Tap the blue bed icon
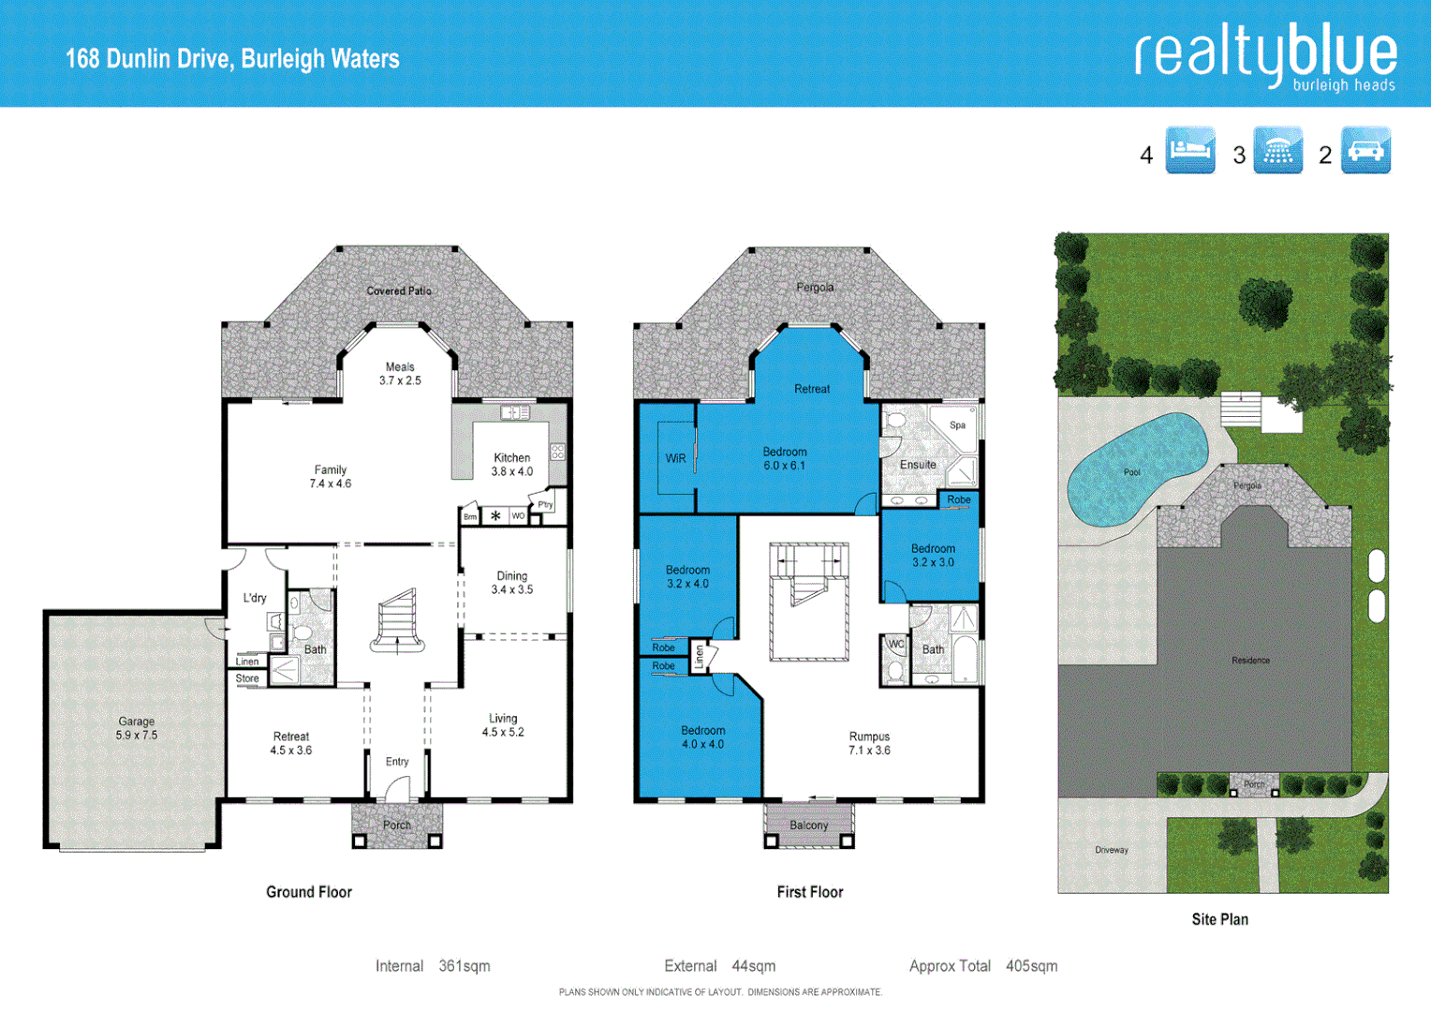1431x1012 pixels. click(x=1189, y=151)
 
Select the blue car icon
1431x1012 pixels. click(x=1365, y=151)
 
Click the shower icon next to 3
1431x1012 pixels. click(x=1277, y=151)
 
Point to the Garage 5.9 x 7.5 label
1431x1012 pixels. click(x=137, y=728)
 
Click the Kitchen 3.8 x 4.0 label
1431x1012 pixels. click(x=512, y=465)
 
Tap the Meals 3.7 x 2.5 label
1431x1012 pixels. click(x=400, y=374)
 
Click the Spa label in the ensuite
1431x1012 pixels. click(x=957, y=425)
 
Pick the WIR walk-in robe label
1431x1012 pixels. click(x=675, y=458)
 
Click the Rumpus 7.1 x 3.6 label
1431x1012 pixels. click(x=869, y=743)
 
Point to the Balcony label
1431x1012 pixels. click(x=808, y=826)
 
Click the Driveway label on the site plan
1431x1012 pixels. click(x=1112, y=850)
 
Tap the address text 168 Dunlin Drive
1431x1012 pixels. click(x=232, y=59)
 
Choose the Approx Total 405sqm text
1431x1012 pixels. click(x=982, y=966)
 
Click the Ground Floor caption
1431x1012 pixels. click(x=309, y=892)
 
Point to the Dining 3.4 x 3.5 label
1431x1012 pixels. click(x=512, y=583)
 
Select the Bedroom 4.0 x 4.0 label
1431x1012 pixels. click(x=702, y=737)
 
